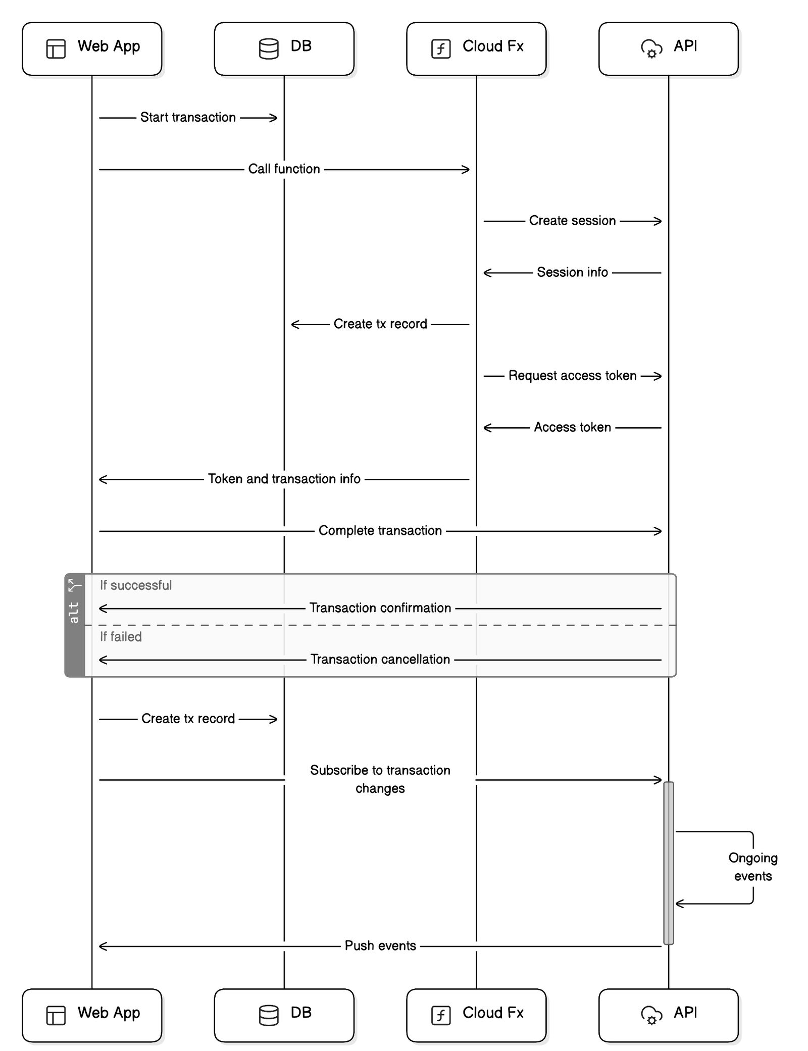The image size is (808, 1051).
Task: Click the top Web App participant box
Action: tap(92, 48)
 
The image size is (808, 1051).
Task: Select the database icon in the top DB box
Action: tap(268, 49)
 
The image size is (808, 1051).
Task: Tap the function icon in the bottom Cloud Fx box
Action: tap(440, 1015)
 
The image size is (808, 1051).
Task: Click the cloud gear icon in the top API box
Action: tap(651, 49)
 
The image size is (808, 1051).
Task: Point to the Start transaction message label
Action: tap(188, 117)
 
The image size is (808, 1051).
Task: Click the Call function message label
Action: tap(284, 169)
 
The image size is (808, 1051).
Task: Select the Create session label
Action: tap(572, 221)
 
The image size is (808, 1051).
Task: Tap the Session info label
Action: tap(572, 272)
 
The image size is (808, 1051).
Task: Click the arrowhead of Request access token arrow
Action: tap(659, 376)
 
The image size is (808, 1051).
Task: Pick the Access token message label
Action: tap(572, 427)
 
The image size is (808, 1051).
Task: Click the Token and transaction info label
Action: tap(284, 479)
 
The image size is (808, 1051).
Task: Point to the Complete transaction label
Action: tap(380, 530)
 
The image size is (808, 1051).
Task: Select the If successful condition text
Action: tap(136, 585)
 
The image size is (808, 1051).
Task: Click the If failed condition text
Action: tap(121, 637)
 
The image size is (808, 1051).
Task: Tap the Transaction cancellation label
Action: tap(380, 659)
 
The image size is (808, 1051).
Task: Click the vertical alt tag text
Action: tap(74, 612)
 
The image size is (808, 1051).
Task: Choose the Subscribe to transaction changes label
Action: tap(380, 779)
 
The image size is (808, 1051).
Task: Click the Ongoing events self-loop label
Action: tap(752, 867)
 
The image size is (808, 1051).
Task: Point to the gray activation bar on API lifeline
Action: tap(668, 863)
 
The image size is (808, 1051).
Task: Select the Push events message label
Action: tap(380, 945)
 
